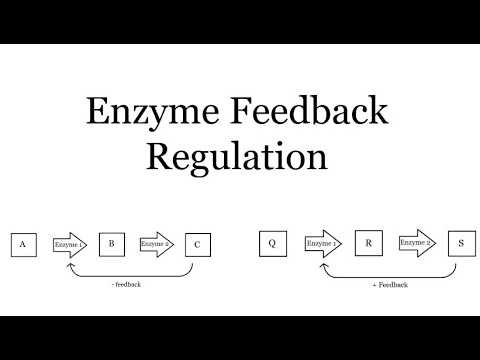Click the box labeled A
tap(22, 244)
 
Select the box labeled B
tap(112, 243)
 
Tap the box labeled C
tap(198, 244)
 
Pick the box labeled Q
tap(272, 243)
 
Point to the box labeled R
tap(368, 243)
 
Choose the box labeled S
tap(460, 243)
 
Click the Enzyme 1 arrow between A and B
tap(69, 244)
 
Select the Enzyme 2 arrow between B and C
tap(155, 243)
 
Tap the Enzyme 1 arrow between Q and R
tap(322, 243)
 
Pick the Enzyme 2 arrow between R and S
tap(415, 243)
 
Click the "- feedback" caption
tap(126, 284)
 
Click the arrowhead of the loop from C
tap(69, 263)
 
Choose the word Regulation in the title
tap(238, 158)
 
